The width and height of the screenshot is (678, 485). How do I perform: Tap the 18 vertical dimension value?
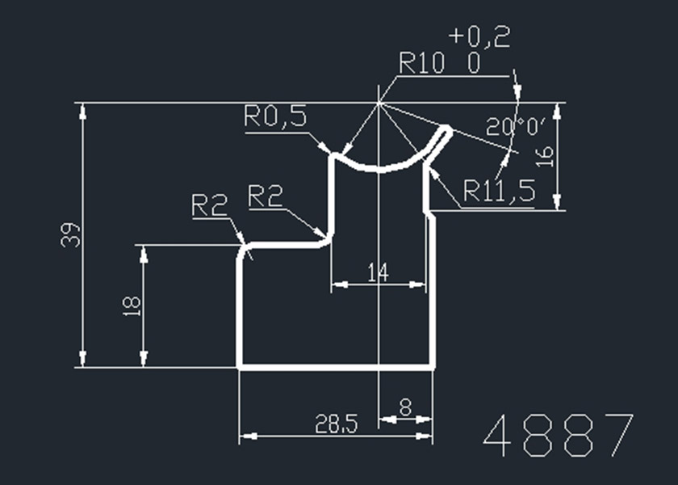click(x=132, y=305)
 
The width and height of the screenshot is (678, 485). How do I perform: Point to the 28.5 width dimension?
click(x=336, y=424)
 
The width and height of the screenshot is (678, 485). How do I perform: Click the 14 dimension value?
click(x=378, y=272)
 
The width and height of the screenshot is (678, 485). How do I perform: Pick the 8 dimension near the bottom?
click(x=405, y=409)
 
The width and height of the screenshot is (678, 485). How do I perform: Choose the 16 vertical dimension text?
click(x=546, y=155)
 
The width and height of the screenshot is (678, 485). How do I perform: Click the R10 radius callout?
click(x=422, y=64)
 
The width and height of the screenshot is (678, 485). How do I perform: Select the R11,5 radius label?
click(x=499, y=191)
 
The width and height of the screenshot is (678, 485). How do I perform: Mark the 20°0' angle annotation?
click(x=517, y=126)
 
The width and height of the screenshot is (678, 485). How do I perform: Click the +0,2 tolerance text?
click(x=481, y=37)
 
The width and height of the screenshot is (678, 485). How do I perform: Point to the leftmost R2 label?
click(x=208, y=205)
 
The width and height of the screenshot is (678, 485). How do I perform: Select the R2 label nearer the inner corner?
click(x=266, y=196)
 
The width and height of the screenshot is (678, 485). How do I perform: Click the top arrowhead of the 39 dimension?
click(x=83, y=110)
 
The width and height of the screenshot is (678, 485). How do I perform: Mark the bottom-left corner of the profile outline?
click(x=239, y=366)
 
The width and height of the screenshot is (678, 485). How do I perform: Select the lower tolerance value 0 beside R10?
click(x=473, y=65)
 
